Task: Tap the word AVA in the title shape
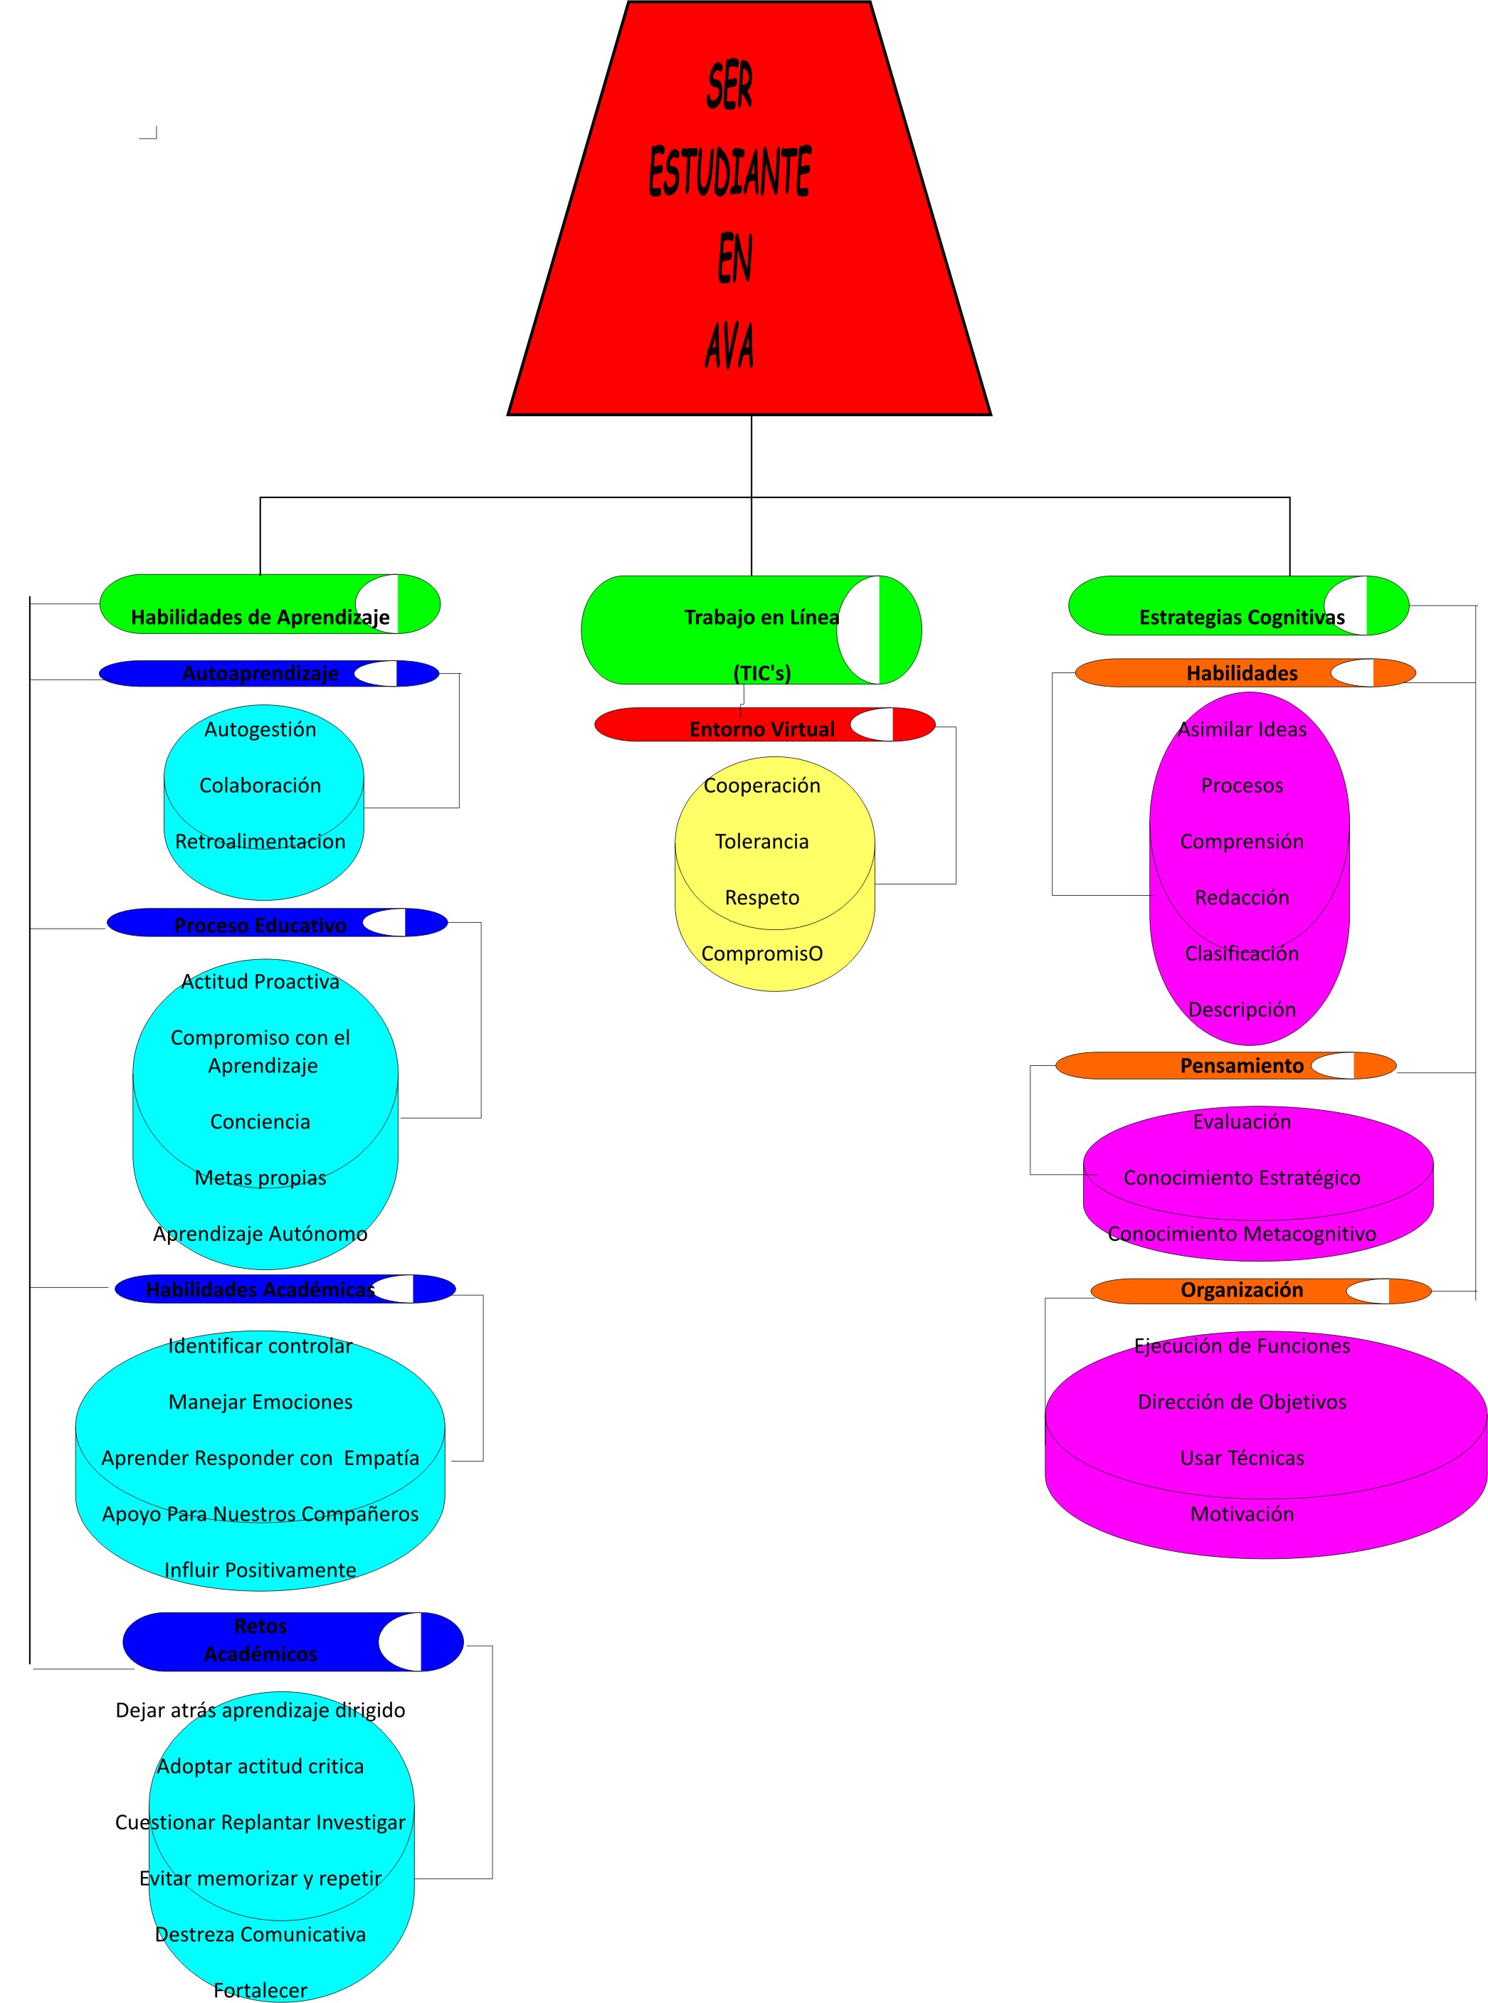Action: tap(729, 345)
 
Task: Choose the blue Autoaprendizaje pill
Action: tap(260, 673)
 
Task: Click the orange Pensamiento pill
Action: tap(1241, 1065)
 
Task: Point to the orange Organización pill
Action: tap(1241, 1290)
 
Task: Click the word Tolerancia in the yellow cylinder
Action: tap(762, 841)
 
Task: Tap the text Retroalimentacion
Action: tap(260, 841)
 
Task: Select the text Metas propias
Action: tap(260, 1177)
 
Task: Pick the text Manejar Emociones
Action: tap(260, 1401)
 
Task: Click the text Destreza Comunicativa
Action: tap(260, 1934)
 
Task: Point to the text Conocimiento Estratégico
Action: tap(1241, 1177)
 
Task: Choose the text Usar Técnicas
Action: tap(1241, 1457)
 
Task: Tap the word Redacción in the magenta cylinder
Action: tap(1241, 897)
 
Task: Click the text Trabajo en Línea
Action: tap(762, 617)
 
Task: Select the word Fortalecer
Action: tap(260, 1989)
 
